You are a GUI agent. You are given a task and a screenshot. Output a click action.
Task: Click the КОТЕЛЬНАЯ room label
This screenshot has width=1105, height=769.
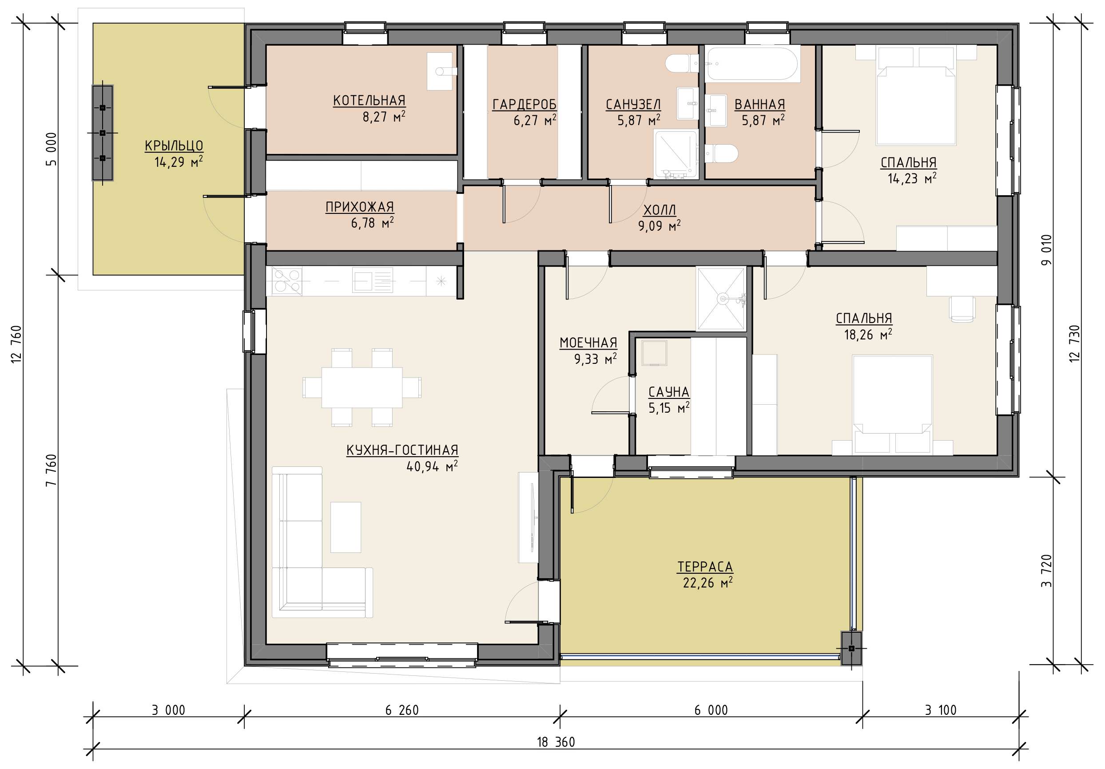click(x=369, y=101)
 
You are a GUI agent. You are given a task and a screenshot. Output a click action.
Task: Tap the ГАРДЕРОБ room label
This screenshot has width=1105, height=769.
click(x=524, y=104)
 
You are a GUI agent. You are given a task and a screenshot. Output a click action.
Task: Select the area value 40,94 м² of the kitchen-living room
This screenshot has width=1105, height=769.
click(x=432, y=466)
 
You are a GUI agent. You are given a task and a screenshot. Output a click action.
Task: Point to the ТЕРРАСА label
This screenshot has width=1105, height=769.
click(x=705, y=567)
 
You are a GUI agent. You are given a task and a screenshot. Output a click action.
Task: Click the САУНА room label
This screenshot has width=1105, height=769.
click(x=668, y=392)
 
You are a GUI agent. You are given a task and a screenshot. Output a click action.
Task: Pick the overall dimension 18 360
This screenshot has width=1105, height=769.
click(x=556, y=742)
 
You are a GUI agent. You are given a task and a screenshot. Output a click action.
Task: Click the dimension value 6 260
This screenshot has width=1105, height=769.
click(x=402, y=710)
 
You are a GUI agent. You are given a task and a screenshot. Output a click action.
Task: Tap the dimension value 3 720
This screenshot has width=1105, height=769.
click(x=1046, y=571)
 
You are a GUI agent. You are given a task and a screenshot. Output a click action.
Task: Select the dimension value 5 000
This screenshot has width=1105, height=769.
click(x=51, y=149)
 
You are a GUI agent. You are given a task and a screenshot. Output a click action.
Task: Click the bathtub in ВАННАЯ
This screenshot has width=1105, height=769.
click(x=752, y=63)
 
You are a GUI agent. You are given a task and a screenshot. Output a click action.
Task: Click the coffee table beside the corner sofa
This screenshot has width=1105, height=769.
click(x=346, y=527)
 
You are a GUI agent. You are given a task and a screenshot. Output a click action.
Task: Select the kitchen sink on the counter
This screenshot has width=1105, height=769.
click(x=373, y=280)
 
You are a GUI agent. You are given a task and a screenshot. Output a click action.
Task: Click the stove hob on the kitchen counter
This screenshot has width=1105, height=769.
click(x=287, y=281)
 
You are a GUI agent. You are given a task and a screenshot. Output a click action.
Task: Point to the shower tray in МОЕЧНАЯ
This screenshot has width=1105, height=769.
click(x=721, y=299)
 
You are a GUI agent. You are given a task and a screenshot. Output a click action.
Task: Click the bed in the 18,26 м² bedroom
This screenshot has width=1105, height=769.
click(x=893, y=404)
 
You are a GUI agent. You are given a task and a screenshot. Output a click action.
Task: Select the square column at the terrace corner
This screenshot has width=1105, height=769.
click(x=851, y=648)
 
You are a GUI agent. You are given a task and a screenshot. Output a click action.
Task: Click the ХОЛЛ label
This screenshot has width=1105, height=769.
click(x=660, y=210)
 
